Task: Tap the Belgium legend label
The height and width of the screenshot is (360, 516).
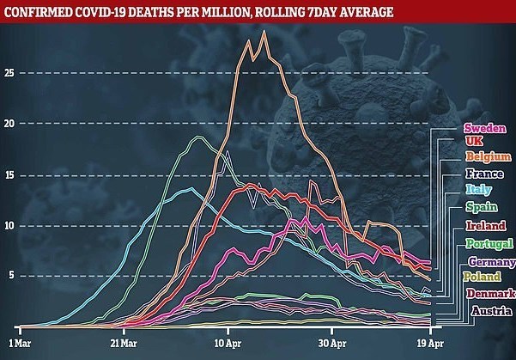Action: [485, 156]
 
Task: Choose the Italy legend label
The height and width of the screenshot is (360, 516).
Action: [477, 189]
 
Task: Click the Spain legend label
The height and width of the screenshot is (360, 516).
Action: [480, 206]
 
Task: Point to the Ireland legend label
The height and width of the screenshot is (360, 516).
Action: [484, 225]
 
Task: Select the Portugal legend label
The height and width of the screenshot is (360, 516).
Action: [488, 243]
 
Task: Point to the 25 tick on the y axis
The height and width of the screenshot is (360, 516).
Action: [10, 73]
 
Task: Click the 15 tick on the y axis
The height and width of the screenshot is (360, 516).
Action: [10, 174]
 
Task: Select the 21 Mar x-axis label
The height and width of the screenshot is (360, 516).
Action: [124, 341]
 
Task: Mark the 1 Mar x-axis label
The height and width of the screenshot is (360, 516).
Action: [21, 341]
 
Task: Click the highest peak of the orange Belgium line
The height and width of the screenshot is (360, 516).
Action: [263, 32]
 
